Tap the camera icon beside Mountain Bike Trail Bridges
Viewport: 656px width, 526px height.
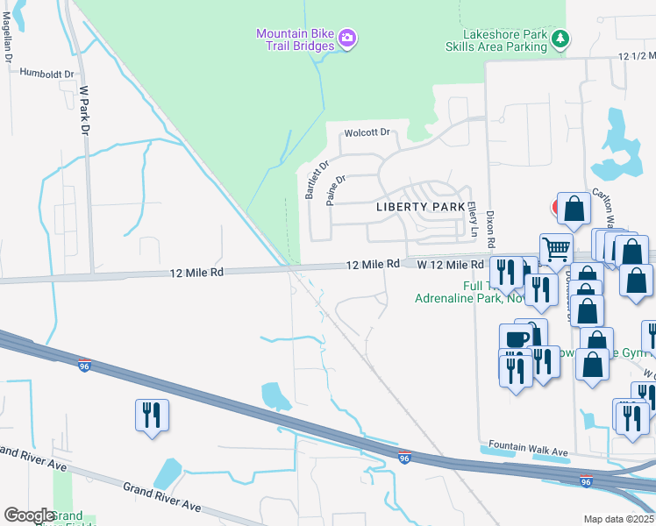(348, 37)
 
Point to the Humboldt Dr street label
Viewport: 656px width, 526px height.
(47, 75)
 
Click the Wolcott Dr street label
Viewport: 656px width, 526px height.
(367, 133)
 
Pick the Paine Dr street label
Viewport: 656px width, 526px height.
(336, 189)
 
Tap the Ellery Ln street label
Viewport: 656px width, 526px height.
(472, 221)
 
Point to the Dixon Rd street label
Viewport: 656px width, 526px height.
(491, 229)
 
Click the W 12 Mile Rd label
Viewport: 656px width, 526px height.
(450, 264)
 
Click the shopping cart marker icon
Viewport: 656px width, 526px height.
(556, 250)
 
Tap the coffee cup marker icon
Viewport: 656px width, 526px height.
(516, 338)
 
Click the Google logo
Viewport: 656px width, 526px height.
(29, 515)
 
